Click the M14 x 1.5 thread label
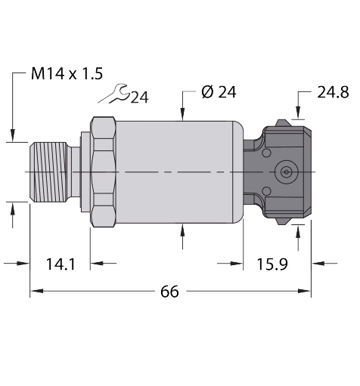(x=67, y=74)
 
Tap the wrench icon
(x=113, y=94)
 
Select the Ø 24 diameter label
(x=219, y=92)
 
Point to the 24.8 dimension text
(x=333, y=92)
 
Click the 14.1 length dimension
(x=61, y=264)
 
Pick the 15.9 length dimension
(x=272, y=264)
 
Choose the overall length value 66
(x=169, y=292)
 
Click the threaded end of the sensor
(x=48, y=172)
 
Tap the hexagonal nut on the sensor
(x=103, y=172)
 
